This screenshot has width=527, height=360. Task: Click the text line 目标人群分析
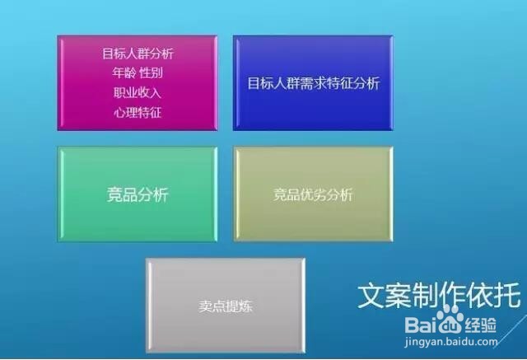click(x=138, y=54)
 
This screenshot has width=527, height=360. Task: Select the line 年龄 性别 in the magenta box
click(x=138, y=72)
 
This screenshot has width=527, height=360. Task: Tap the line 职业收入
click(x=138, y=92)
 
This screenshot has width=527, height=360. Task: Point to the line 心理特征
click(x=138, y=111)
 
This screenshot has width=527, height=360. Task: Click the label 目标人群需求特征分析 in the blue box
click(x=314, y=83)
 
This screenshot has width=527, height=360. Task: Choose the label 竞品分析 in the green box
click(x=138, y=195)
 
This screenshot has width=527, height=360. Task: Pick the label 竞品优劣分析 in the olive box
click(x=313, y=195)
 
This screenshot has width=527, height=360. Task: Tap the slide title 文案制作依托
click(x=438, y=294)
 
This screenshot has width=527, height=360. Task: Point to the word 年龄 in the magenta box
click(x=123, y=72)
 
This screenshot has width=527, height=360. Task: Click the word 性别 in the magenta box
click(x=152, y=72)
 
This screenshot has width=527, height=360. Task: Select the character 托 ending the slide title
click(x=507, y=294)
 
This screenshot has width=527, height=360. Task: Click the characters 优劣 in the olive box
click(x=313, y=195)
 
